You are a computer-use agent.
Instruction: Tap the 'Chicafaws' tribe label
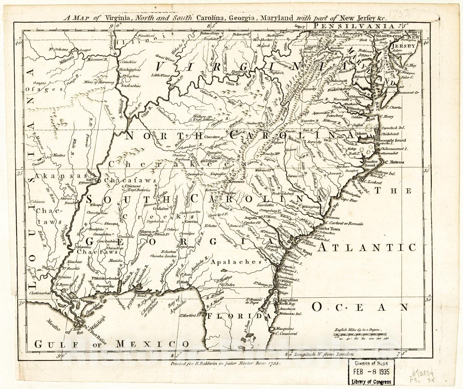pyautogui.click(x=128, y=180)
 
